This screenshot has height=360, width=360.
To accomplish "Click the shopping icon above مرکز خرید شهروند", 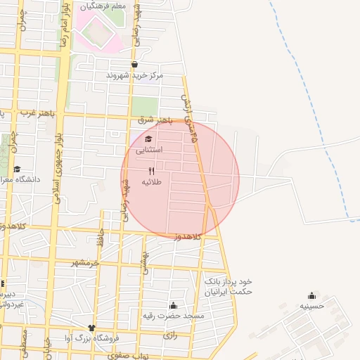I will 134,65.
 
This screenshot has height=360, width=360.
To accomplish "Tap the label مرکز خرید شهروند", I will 134,75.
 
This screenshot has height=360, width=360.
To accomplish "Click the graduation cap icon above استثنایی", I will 148,139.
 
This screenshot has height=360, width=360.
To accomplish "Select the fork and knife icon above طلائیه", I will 152,171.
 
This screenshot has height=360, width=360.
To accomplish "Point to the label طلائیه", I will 152,182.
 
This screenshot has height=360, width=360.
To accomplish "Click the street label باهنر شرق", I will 155,120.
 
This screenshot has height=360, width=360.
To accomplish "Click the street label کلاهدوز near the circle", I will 188,238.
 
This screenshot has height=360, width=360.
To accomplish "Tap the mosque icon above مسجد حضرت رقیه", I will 173,305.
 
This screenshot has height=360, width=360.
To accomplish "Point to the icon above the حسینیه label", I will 311,295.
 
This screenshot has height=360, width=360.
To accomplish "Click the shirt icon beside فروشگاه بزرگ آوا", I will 91,328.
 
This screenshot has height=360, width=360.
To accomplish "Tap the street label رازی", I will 170,336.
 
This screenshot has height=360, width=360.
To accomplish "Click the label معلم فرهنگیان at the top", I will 103,6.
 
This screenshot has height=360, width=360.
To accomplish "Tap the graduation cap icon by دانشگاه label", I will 17,169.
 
